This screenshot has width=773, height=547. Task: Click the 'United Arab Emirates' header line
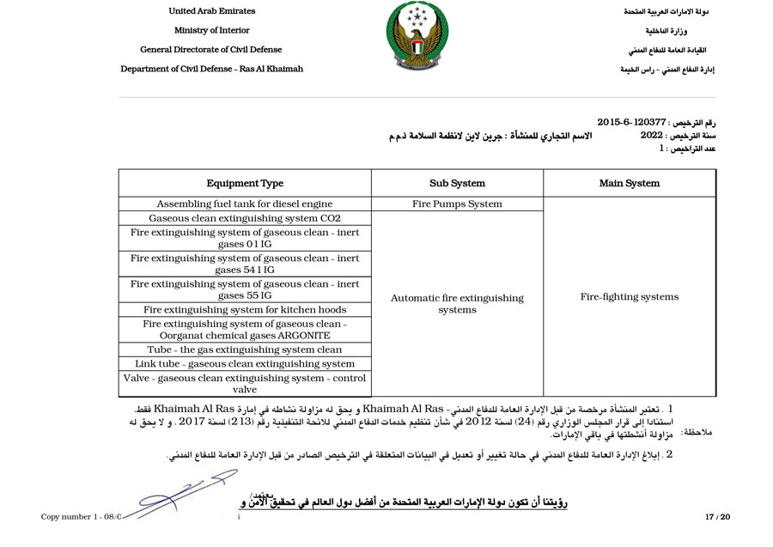(211, 11)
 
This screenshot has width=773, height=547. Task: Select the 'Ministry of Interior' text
(211, 30)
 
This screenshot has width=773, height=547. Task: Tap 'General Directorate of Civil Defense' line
(211, 50)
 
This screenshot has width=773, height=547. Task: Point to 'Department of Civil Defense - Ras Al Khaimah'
(211, 69)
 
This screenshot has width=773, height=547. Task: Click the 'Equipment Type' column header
(245, 183)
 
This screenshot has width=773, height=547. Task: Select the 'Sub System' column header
(457, 183)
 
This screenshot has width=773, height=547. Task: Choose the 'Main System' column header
(630, 183)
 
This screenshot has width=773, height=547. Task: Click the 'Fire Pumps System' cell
(457, 204)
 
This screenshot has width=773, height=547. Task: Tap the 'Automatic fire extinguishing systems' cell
(457, 304)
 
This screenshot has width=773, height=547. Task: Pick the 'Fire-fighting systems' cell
(630, 297)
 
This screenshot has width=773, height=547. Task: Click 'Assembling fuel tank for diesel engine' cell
(245, 204)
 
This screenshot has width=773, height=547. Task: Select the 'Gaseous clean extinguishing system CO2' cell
(245, 218)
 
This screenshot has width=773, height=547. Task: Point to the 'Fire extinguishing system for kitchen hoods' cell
(245, 310)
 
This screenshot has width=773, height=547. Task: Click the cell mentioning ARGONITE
(245, 330)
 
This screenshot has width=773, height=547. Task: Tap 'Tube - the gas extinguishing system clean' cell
(245, 350)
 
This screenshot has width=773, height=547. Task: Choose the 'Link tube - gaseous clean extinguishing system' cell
(245, 364)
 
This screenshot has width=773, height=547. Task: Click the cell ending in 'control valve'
(245, 384)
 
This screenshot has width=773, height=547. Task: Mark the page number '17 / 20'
(716, 517)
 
